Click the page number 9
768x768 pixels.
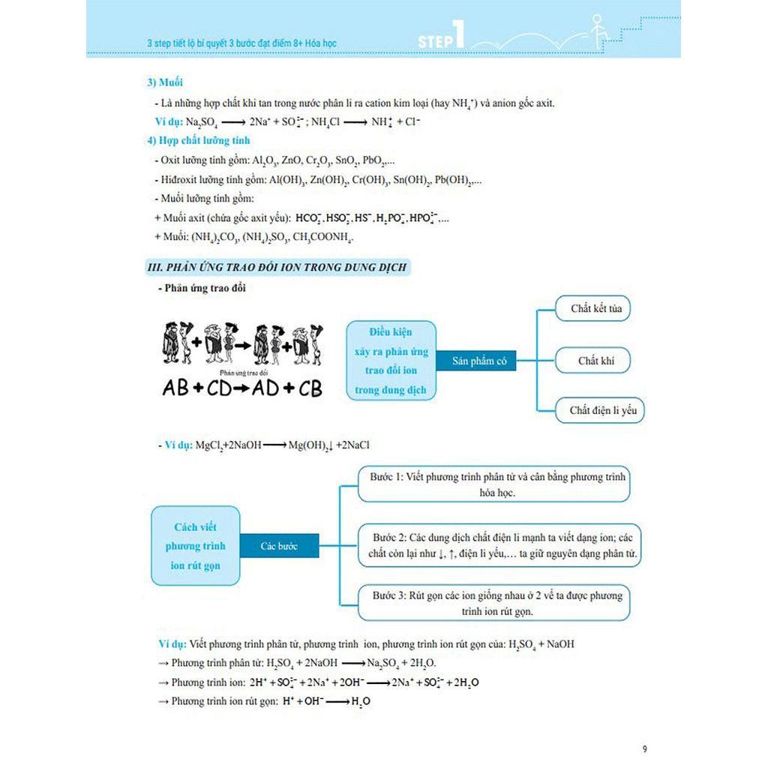[x=645, y=748]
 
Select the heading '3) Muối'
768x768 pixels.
[x=165, y=82]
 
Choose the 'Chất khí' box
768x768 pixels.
[x=596, y=361]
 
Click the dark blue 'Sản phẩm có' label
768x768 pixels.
[x=479, y=361]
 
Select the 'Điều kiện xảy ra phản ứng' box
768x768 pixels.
[x=391, y=361]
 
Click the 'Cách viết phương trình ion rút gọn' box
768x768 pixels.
[x=195, y=546]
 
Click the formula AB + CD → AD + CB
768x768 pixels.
[x=242, y=388]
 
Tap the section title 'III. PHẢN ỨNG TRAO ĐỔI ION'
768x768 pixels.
[x=277, y=267]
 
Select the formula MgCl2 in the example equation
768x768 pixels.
[x=211, y=445]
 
